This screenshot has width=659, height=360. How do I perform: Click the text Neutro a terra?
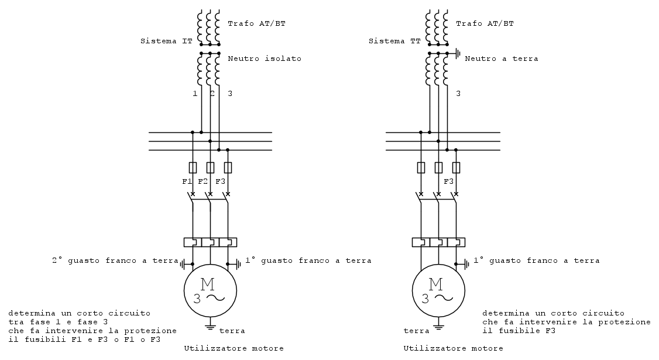(501, 59)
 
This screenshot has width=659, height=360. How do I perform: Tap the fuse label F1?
(187, 181)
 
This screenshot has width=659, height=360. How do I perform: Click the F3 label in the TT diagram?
(449, 181)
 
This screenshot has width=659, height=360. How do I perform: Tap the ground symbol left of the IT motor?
(184, 264)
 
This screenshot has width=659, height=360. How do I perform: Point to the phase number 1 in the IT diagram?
(194, 94)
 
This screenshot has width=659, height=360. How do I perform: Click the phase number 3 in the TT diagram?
(458, 94)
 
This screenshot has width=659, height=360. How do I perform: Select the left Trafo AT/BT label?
(256, 23)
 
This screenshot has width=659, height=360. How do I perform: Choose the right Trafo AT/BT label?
(485, 23)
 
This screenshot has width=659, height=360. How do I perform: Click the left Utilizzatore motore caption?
(234, 349)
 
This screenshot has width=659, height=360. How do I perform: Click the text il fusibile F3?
(519, 331)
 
